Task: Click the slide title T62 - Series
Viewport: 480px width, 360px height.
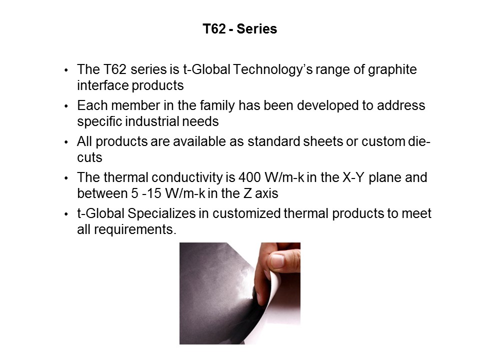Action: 239,29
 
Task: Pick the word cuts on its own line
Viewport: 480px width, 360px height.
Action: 89,157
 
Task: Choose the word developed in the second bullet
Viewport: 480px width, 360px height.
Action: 351,106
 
